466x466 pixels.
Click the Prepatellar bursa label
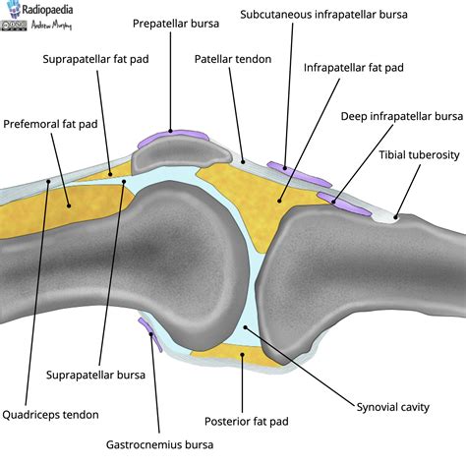169,22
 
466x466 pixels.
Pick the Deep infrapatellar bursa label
402,116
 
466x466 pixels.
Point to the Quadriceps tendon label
50,414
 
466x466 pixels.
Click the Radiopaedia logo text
49,13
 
